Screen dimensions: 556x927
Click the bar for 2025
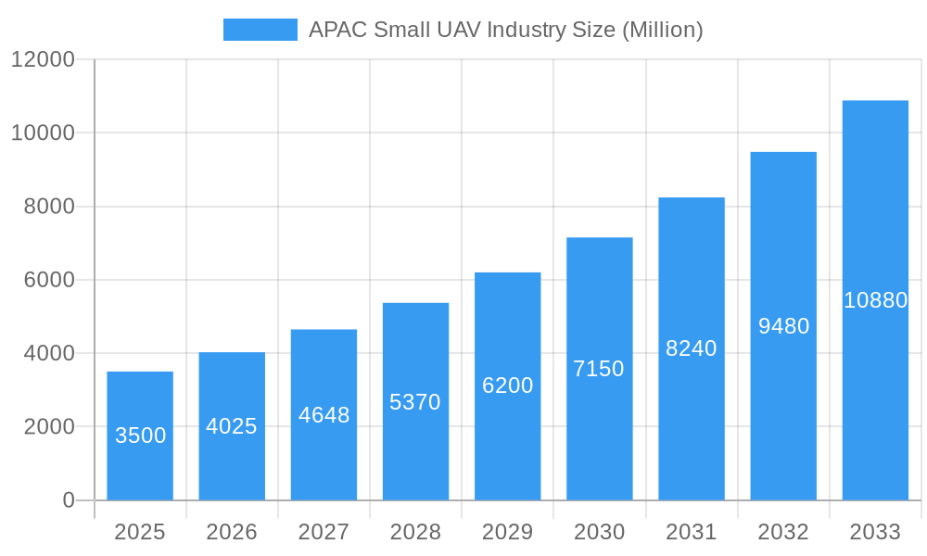[x=140, y=436]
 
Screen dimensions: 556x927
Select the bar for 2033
[x=875, y=300]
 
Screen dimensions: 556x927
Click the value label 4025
[x=232, y=426]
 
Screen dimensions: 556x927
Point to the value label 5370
[x=415, y=402]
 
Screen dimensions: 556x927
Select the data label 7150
[x=599, y=369]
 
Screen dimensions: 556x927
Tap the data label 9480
[x=783, y=326]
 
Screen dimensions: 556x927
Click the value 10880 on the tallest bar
[x=875, y=300]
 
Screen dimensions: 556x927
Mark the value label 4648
[x=324, y=415]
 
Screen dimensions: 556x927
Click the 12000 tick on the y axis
[x=43, y=59]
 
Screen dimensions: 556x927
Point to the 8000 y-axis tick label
[x=49, y=207]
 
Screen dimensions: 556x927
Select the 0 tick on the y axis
[x=69, y=500]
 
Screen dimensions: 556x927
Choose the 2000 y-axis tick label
[x=49, y=427]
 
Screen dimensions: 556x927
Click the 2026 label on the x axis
[x=232, y=532]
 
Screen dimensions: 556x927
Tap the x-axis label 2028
[x=415, y=532]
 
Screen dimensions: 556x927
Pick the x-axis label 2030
[x=599, y=532]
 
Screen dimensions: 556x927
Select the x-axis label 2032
[x=783, y=532]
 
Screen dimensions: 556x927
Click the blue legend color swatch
[x=260, y=30]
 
